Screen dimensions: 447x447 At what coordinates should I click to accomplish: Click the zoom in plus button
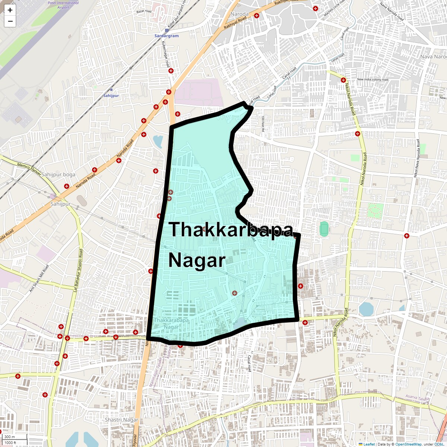[10, 10]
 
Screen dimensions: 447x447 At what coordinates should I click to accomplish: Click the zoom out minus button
[10, 21]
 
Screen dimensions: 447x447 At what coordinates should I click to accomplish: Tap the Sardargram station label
[167, 36]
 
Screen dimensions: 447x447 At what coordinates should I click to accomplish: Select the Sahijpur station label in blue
[111, 96]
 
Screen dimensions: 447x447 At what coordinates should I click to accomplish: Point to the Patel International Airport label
[63, 5]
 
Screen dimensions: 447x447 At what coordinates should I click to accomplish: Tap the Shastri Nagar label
[121, 420]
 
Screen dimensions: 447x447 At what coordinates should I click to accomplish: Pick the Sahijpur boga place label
[58, 174]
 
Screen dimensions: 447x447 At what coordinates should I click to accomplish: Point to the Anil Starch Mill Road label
[39, 278]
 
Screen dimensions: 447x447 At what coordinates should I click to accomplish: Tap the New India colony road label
[372, 79]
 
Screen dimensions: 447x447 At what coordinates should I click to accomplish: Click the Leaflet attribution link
[369, 444]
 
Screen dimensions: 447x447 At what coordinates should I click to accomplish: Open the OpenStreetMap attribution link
[408, 444]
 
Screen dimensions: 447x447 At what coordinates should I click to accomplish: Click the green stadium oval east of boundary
[324, 228]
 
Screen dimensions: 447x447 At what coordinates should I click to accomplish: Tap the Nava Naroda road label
[391, 12]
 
